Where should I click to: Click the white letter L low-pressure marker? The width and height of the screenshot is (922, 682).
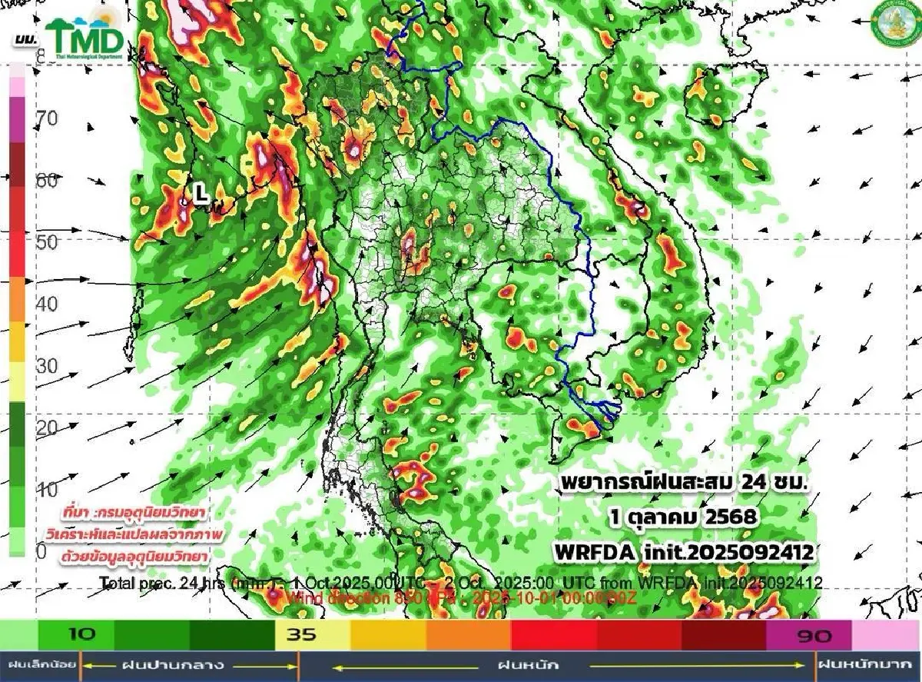(201, 195)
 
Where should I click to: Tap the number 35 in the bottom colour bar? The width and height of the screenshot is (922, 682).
(298, 635)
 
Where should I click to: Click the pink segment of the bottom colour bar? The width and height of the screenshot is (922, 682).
(887, 635)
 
